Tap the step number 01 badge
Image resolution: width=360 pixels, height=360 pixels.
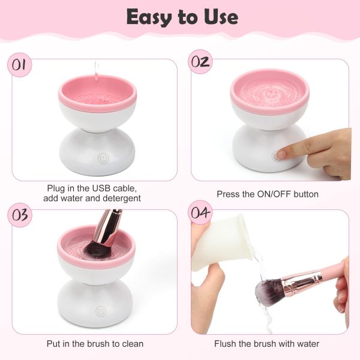click(x=20, y=64)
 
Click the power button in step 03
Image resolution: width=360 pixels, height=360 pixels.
click(x=101, y=311)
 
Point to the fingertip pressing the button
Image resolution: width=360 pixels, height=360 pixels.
click(x=282, y=154)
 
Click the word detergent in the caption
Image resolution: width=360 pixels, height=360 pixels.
click(x=122, y=198)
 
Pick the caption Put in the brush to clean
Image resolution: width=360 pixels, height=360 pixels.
click(x=95, y=344)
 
